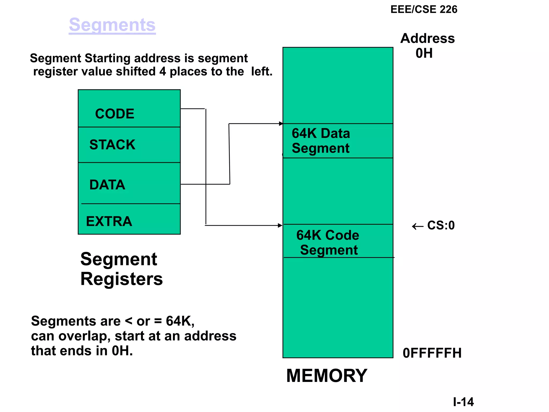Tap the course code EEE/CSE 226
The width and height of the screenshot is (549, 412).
[x=424, y=9]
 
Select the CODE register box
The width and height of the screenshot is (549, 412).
[x=129, y=109]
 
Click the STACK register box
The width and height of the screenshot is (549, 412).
[x=129, y=145]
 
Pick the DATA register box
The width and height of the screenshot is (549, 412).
[x=129, y=183]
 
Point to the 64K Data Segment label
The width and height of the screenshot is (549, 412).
[x=321, y=141]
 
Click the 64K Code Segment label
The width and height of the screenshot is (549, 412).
[x=328, y=242]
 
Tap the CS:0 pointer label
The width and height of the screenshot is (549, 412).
[x=441, y=225]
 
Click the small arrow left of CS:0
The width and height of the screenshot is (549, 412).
[x=417, y=227]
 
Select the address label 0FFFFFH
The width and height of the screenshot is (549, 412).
[x=432, y=353]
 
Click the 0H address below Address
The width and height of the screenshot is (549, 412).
[x=424, y=53]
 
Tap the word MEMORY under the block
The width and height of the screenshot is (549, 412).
[x=327, y=376]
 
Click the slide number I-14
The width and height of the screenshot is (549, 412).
[x=463, y=402]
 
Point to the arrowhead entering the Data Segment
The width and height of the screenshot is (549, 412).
[x=281, y=124]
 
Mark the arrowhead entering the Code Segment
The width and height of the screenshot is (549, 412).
[x=280, y=225]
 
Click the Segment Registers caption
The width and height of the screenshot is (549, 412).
[x=121, y=269]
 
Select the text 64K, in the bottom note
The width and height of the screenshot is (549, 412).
[x=180, y=321]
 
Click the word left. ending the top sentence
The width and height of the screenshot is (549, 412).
[x=262, y=72]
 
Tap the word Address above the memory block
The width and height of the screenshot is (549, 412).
[x=427, y=38]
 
